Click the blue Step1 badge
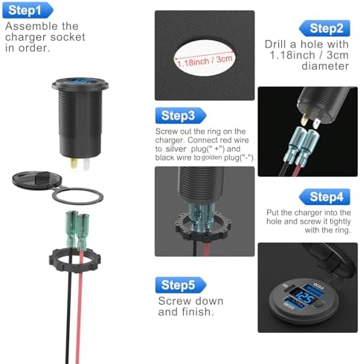click(28, 10)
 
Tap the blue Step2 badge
click(324, 28)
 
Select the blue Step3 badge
click(181, 115)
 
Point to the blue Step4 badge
click(324, 197)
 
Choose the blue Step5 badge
click(181, 285)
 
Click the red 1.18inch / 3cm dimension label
click(205, 61)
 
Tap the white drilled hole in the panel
click(205, 58)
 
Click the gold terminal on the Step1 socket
click(74, 163)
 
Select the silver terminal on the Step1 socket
click(86, 164)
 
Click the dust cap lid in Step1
click(36, 180)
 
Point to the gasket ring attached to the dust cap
click(78, 196)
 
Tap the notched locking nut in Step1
click(75, 261)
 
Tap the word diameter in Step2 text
click(325, 66)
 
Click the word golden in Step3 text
click(212, 157)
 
